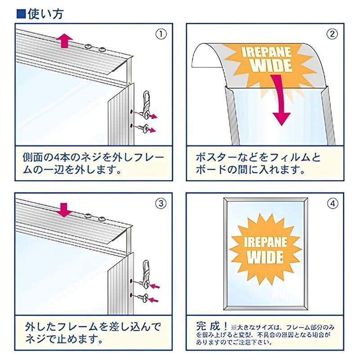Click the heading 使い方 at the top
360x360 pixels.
pos(44,13)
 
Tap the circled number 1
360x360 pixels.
pos(161,34)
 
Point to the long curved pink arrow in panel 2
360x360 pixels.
pos(282,101)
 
